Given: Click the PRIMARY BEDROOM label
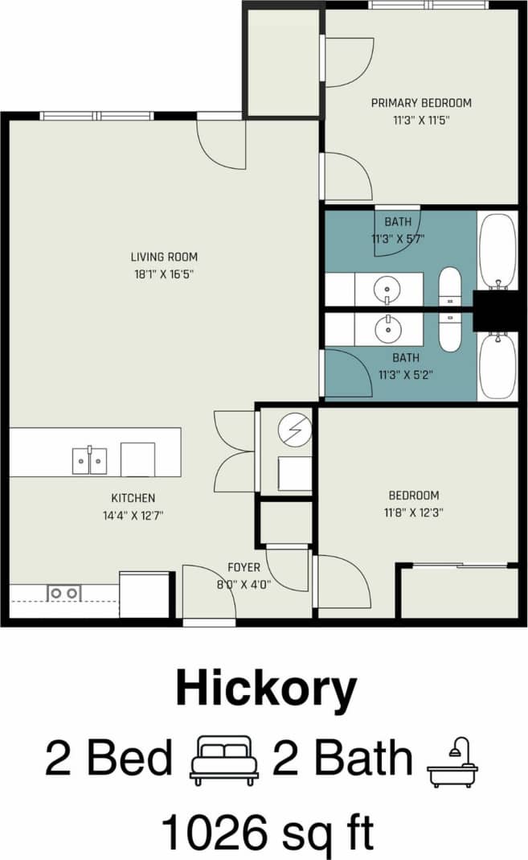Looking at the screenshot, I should point(420,103).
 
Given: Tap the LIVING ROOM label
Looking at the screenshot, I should point(164,257).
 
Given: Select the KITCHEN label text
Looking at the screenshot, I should point(133,498).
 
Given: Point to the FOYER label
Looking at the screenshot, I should point(244,567).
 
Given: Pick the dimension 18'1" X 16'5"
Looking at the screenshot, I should point(164,274).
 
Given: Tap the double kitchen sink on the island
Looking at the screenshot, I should point(89,460).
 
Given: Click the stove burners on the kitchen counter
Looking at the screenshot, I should point(63,594).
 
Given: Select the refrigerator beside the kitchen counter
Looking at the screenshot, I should point(145,595).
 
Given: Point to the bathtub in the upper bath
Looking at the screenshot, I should point(497,250).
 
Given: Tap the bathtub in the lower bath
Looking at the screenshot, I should point(497,366).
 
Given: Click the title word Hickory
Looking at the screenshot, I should point(265,690).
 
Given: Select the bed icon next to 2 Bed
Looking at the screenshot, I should point(223,760).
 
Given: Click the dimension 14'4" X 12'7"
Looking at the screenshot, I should point(133,515).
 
